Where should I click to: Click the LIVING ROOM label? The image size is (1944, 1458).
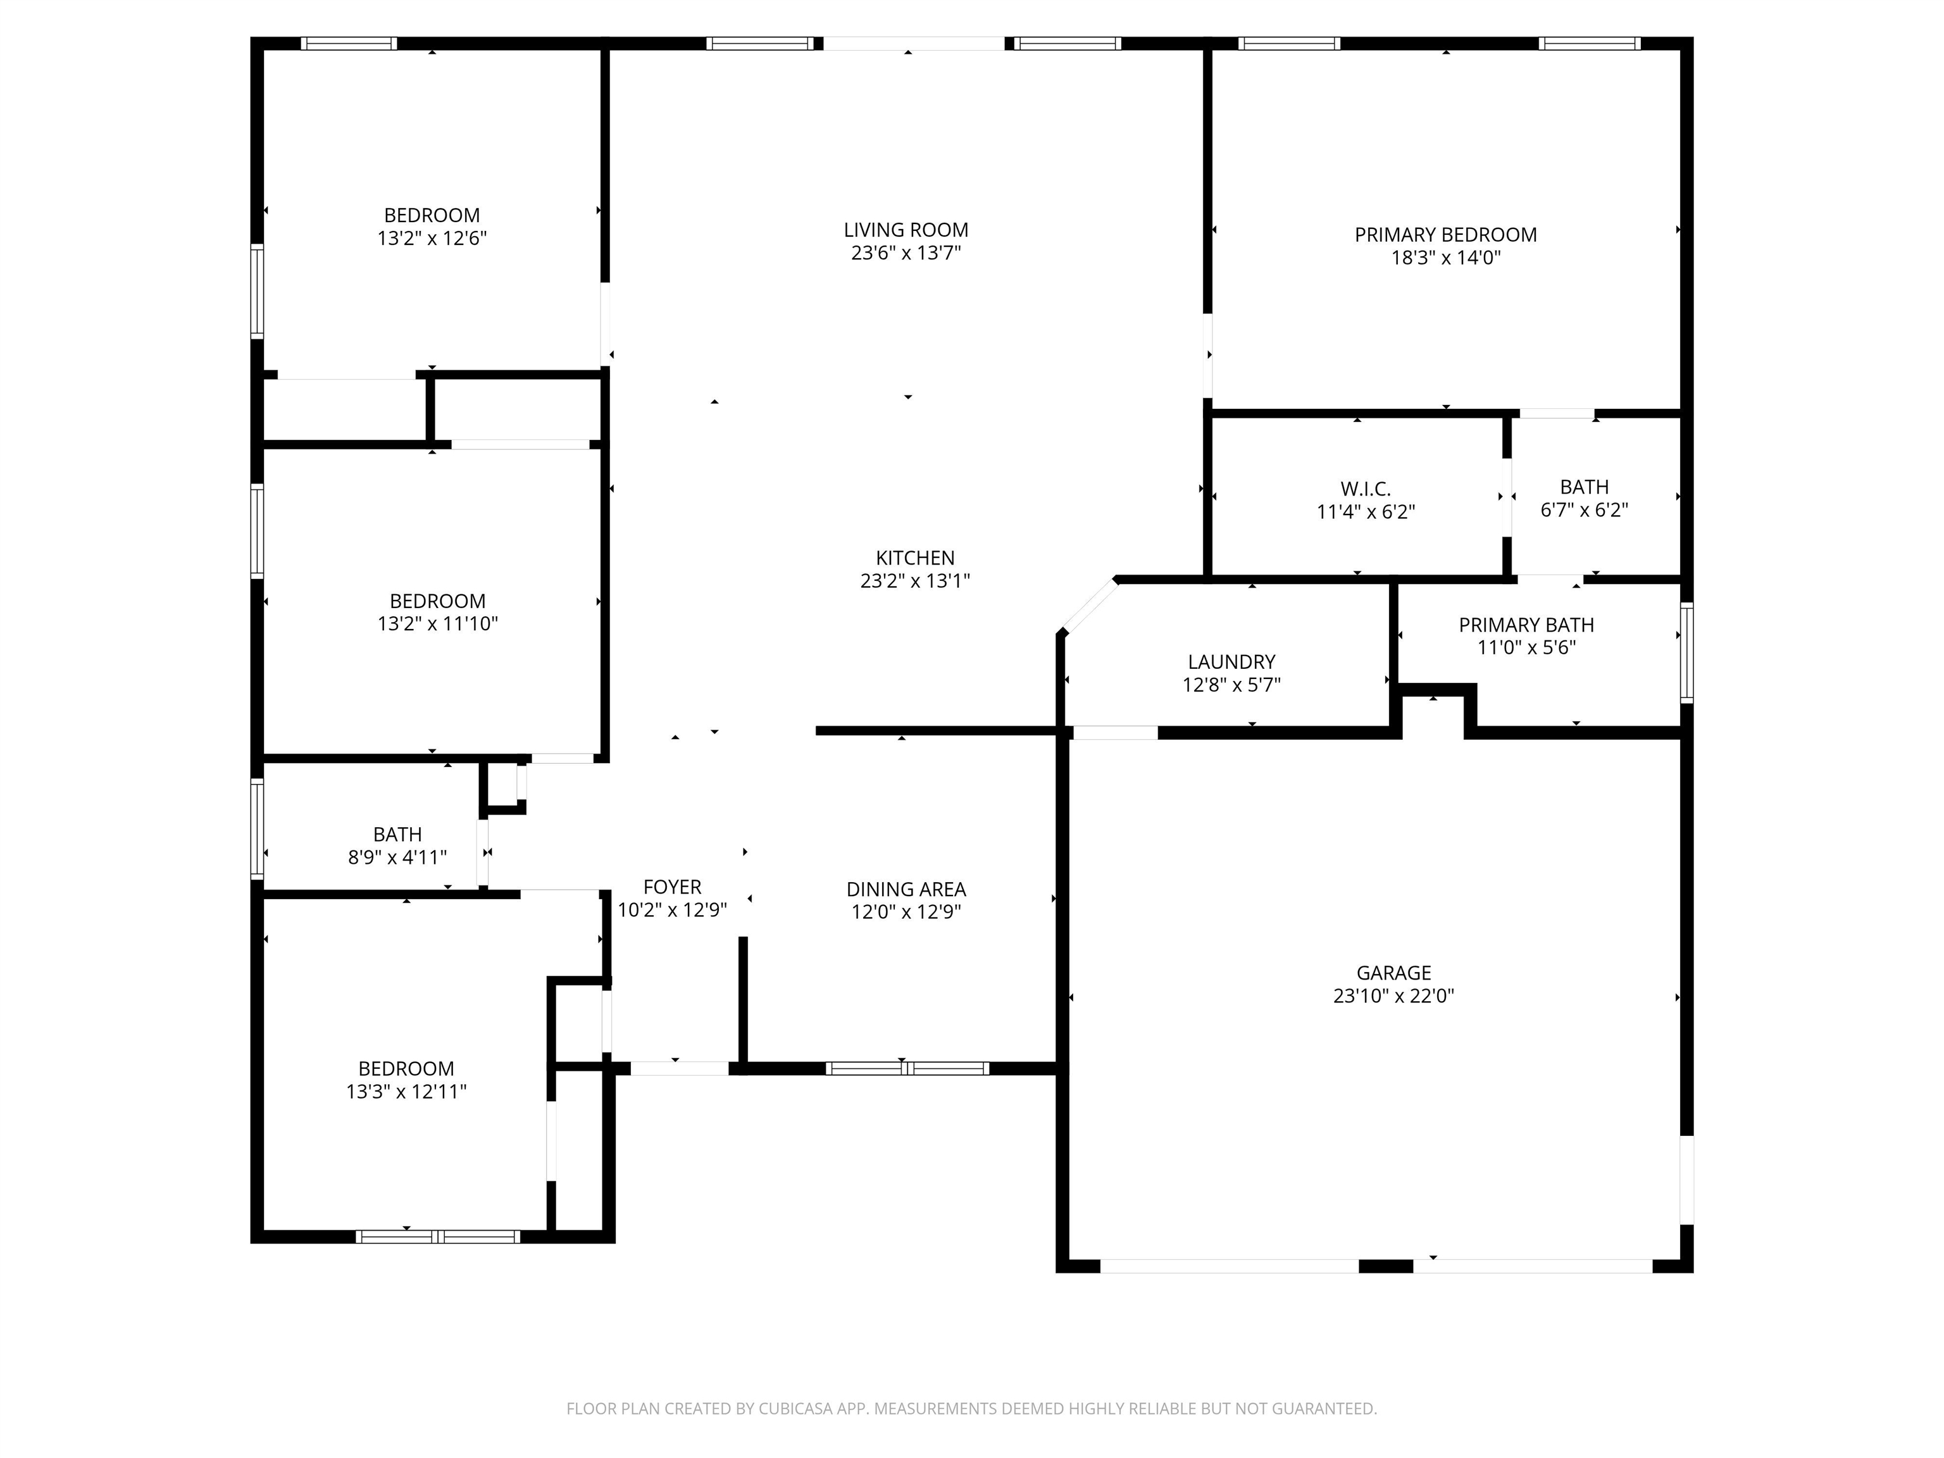point(906,230)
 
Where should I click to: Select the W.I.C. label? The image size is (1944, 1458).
point(1365,490)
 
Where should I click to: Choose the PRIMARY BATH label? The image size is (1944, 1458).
point(1526,625)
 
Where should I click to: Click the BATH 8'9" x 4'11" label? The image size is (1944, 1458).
point(397,834)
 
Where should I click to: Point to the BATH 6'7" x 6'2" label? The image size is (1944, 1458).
point(1584,487)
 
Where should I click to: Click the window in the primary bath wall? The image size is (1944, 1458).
point(1686,652)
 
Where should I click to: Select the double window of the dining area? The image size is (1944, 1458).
point(906,1069)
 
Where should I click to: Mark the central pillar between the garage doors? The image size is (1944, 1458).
point(1385,1266)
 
